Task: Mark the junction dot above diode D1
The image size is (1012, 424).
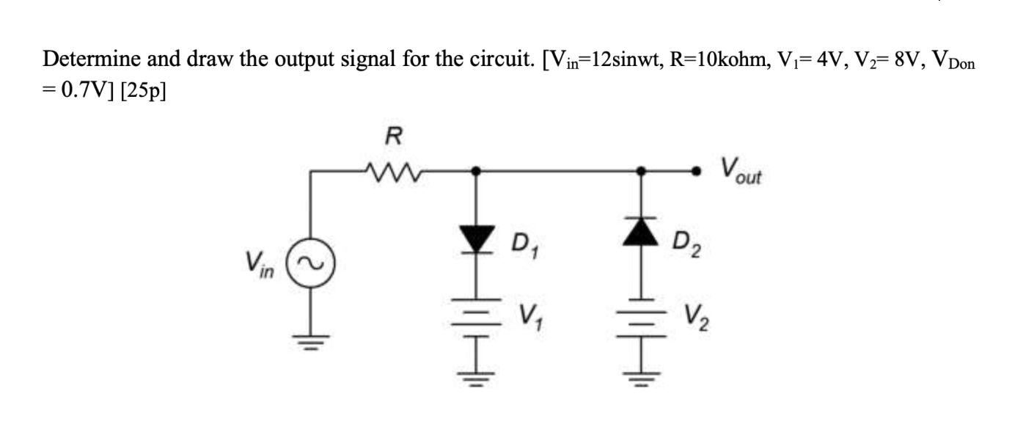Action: click(x=477, y=171)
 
